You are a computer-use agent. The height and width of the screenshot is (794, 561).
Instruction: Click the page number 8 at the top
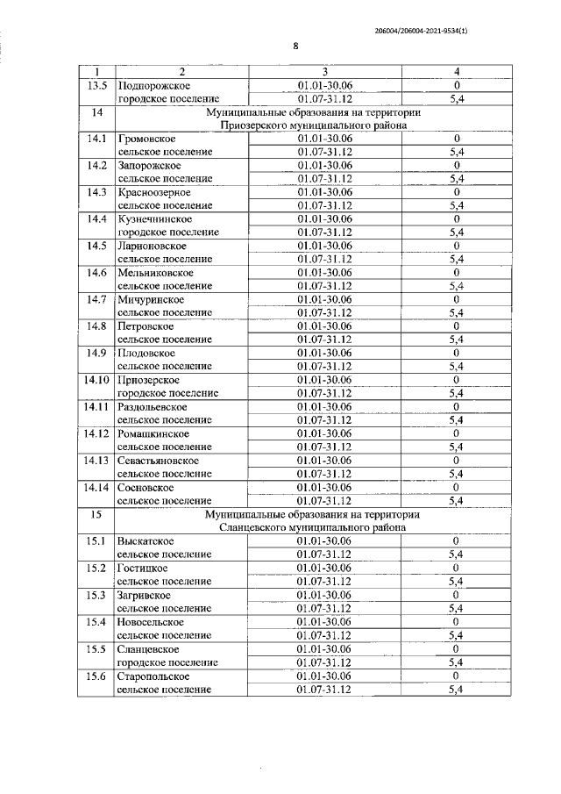[295, 46]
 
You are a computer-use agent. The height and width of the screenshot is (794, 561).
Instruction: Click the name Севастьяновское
[159, 461]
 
